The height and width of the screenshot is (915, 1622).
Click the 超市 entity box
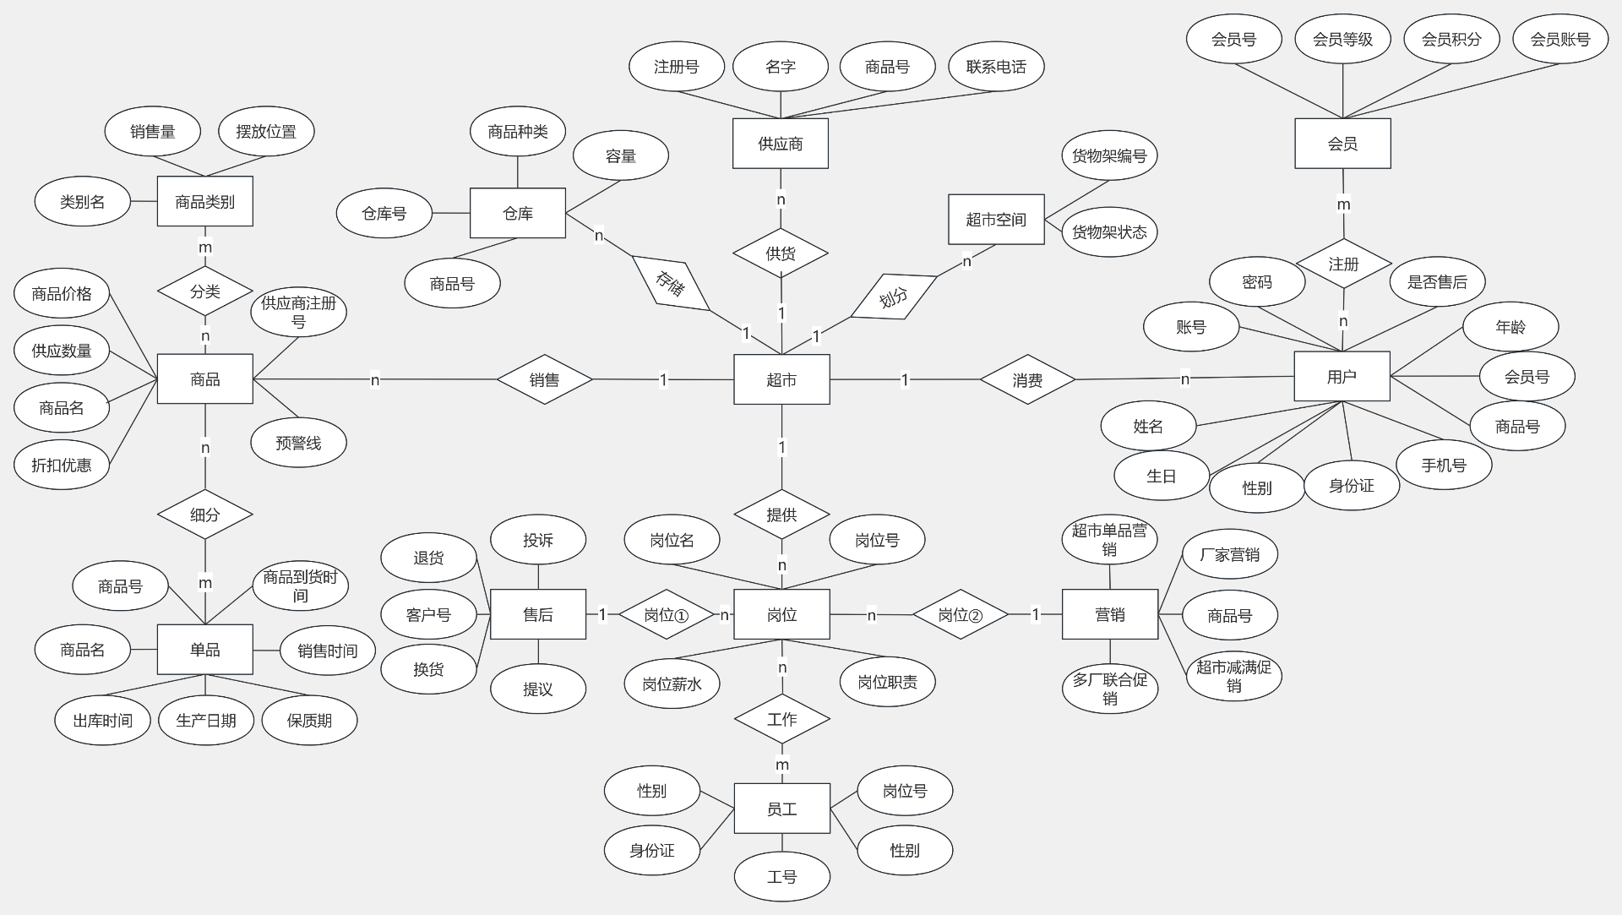[x=781, y=379]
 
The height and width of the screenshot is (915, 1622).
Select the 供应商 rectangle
[x=780, y=144]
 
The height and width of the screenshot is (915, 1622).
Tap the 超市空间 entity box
[x=996, y=220]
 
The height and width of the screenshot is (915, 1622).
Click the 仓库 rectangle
[x=517, y=214]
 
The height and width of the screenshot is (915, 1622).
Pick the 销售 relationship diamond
[x=544, y=380]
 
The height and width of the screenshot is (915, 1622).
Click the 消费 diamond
[x=1027, y=380]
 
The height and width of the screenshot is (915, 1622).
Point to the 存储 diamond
[x=671, y=283]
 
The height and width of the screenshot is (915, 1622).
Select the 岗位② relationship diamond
[x=961, y=615]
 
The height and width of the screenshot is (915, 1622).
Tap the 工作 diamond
[x=781, y=719]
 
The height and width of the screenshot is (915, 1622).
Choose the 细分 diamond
[x=205, y=515]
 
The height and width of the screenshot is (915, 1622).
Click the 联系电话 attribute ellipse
[x=996, y=67]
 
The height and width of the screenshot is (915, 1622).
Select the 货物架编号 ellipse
[x=1109, y=155]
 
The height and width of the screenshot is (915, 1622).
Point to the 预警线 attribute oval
[x=298, y=443]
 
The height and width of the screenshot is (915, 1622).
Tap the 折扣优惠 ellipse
[x=62, y=465]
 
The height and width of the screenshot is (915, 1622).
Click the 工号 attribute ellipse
[x=781, y=877]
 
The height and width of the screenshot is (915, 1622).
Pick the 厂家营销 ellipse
[x=1229, y=554]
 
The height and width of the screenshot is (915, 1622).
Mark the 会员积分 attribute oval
[x=1451, y=39]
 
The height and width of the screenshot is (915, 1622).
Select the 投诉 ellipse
[x=537, y=540]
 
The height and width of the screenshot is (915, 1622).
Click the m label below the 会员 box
[x=1343, y=204]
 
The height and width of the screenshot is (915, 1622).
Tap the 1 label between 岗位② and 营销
[x=1036, y=615]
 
